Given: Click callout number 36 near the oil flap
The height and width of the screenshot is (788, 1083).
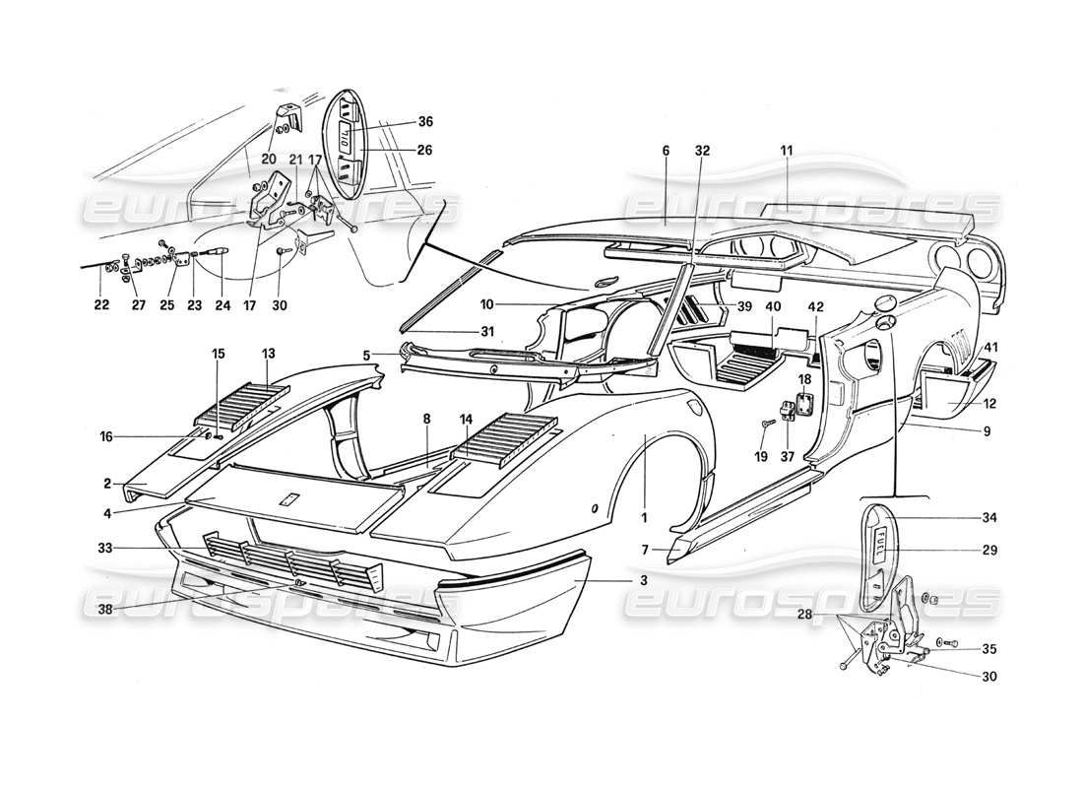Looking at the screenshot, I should click(x=424, y=122).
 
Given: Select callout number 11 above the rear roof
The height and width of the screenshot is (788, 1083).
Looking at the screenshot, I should click(x=786, y=150).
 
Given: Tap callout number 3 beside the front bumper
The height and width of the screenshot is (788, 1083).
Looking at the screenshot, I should click(x=643, y=582).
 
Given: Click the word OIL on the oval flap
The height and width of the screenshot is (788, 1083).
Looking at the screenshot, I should click(x=348, y=146).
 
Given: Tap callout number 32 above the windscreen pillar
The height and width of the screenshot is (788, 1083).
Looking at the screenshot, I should click(x=701, y=150).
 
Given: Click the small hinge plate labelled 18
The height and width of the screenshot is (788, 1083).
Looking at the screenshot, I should click(x=804, y=404).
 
